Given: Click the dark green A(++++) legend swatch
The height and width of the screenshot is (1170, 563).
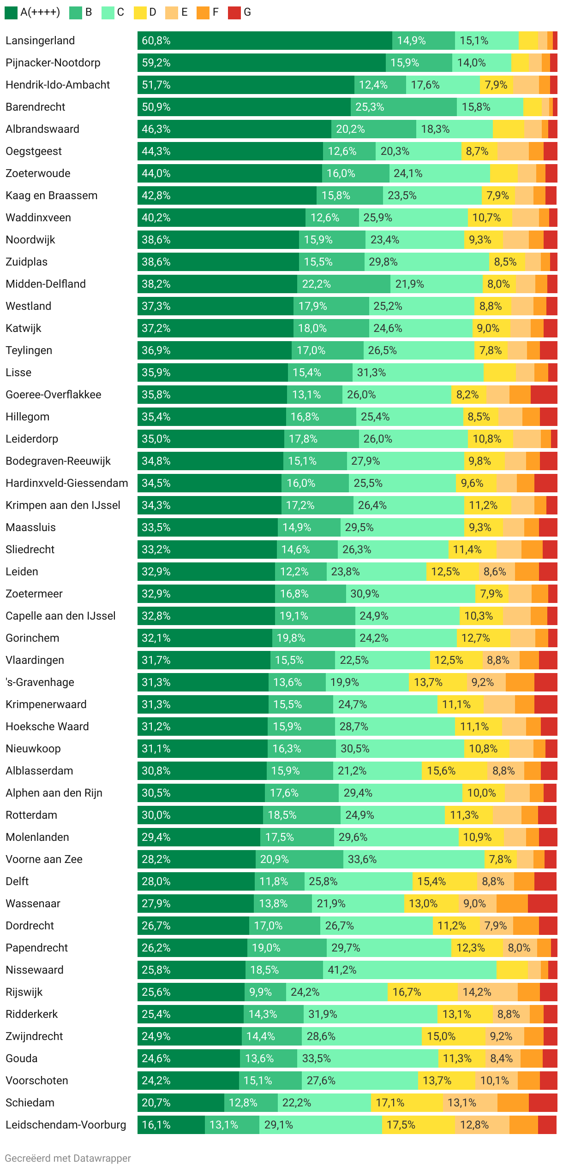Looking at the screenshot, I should (11, 12).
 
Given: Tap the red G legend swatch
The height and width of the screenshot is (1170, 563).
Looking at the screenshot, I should (234, 12).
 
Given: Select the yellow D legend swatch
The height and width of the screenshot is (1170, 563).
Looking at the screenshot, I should (140, 12).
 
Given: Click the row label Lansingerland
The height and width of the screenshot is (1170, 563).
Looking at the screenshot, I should (40, 41).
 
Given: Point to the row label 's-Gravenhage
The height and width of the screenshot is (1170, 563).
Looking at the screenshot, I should (40, 682).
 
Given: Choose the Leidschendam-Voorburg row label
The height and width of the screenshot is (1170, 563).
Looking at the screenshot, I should (66, 1125).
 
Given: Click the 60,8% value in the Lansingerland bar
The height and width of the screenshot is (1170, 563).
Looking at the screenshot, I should (156, 41).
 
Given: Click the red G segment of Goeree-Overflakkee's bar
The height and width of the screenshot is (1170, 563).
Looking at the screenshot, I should (544, 395).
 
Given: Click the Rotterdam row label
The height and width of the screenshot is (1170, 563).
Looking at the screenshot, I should (31, 815).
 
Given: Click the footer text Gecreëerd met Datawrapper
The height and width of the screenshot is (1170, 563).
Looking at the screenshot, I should (68, 1158).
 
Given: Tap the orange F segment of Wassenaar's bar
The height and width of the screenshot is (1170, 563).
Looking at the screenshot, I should (512, 904).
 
